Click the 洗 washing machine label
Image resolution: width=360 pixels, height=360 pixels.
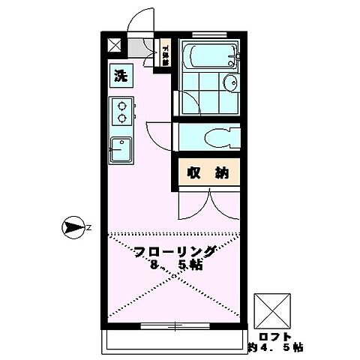pos(119,75)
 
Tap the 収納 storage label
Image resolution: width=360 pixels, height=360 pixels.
pos(208,173)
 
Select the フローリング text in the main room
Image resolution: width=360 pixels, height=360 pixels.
pos(175,251)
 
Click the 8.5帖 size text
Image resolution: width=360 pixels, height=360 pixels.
pos(175,265)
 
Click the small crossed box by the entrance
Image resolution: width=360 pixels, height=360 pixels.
pos(114,45)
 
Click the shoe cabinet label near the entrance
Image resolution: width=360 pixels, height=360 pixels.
pos(165,52)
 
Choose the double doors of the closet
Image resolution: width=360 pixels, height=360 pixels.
pos(209,202)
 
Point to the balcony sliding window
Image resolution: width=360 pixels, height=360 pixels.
pos(172,326)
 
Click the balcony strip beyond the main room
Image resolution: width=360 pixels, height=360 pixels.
pos(172,341)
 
